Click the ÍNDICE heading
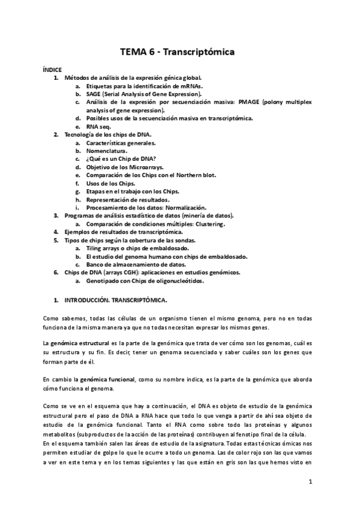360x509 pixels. pyautogui.click(x=52, y=70)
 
